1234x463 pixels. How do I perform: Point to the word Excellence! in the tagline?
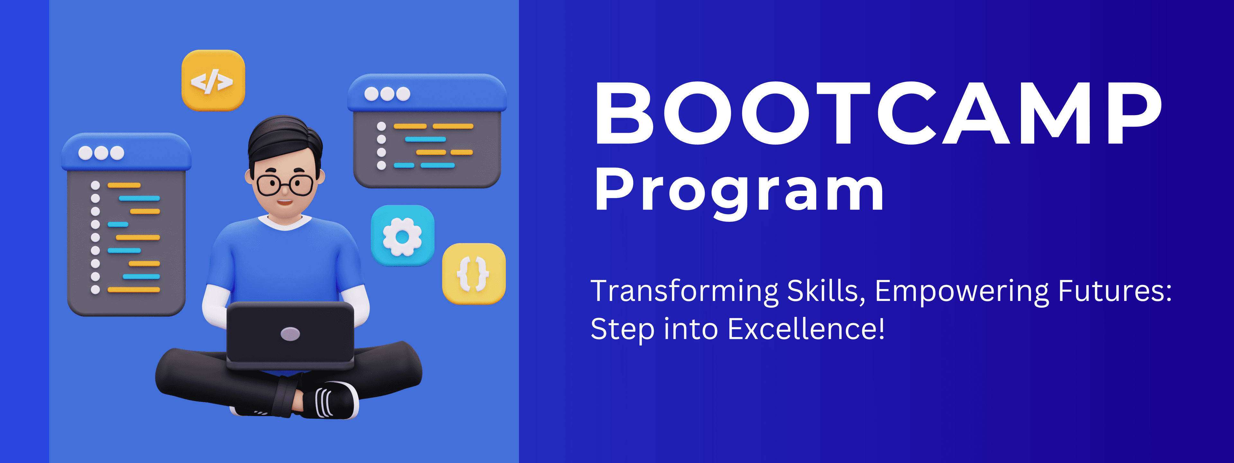coord(806,329)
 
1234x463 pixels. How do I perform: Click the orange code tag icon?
coord(213,80)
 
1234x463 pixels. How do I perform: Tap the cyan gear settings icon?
coord(402,235)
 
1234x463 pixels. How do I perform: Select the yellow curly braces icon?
coord(473,274)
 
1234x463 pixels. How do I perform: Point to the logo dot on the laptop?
coord(290,334)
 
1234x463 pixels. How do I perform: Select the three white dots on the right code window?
coord(387,94)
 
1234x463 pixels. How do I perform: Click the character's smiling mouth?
coord(285,202)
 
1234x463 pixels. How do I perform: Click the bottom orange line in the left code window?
coord(134,289)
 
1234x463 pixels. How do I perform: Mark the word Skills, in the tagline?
coord(826,291)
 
